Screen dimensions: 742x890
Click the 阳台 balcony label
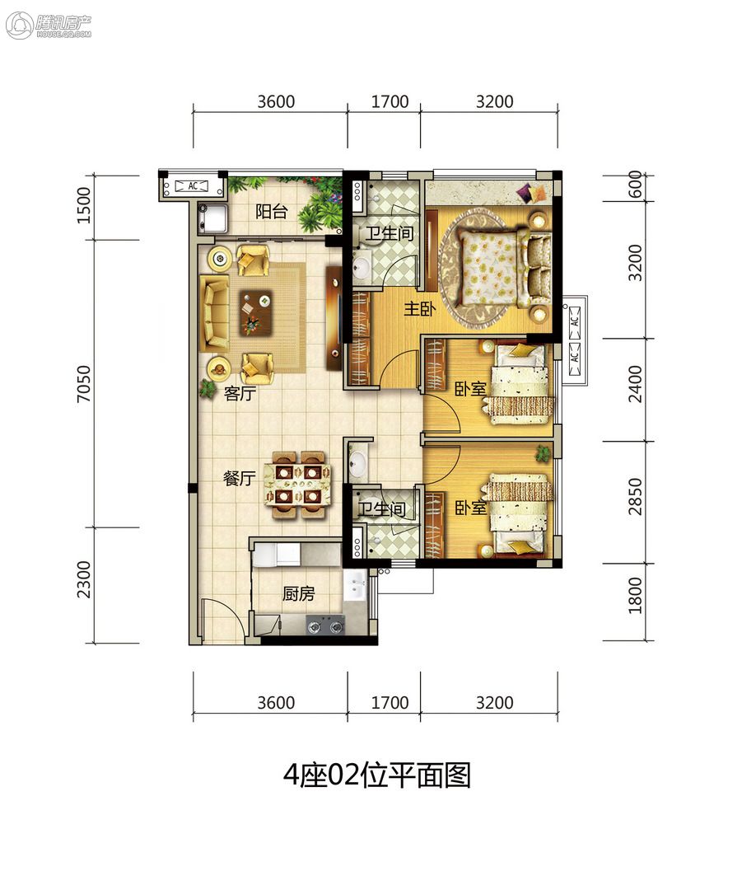(271, 212)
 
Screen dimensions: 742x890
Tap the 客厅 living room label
(240, 393)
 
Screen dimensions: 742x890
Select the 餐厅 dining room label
(239, 478)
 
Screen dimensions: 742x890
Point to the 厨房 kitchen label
(298, 593)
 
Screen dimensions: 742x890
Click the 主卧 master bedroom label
(420, 308)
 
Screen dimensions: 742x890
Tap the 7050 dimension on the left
(84, 384)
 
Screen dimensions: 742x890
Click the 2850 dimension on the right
(635, 497)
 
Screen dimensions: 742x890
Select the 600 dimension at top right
(635, 184)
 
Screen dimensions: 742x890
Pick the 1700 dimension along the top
(390, 101)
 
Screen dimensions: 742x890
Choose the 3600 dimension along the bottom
(276, 703)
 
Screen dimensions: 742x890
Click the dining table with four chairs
(297, 485)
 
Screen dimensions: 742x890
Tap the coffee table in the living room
(255, 312)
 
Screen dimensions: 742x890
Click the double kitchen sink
(356, 585)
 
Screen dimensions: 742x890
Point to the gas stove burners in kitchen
(325, 626)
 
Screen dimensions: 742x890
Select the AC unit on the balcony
(193, 185)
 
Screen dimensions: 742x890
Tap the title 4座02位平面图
(377, 775)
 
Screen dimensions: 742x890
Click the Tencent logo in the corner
(49, 26)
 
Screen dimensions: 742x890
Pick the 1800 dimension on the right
(635, 596)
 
